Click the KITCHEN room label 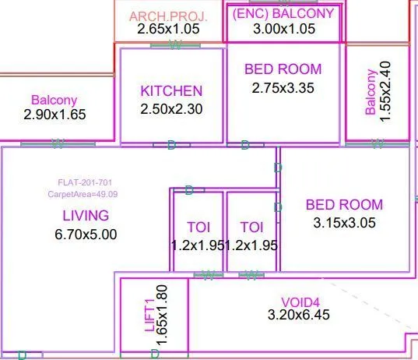click(x=171, y=91)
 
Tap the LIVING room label click(x=86, y=215)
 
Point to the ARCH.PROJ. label click(x=168, y=16)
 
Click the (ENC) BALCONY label click(x=283, y=13)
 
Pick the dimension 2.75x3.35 click(x=283, y=88)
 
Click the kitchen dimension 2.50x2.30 click(x=171, y=109)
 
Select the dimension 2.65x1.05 click(x=168, y=30)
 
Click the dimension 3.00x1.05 click(x=283, y=29)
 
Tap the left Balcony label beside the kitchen click(x=54, y=100)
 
